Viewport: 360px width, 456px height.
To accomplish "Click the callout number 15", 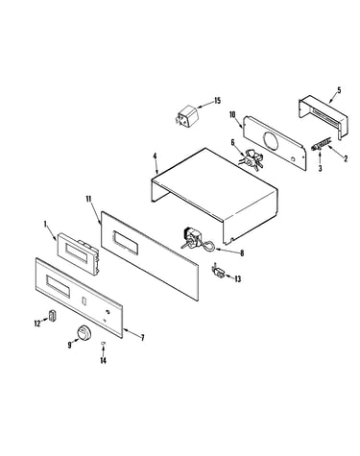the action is point(217,101).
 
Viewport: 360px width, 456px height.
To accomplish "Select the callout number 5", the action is point(339,90).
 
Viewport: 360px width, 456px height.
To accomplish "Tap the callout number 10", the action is point(232,114).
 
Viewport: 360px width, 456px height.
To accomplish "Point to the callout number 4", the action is point(155,156).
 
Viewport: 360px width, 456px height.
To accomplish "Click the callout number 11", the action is point(89,199).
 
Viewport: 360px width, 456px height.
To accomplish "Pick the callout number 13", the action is point(237,279).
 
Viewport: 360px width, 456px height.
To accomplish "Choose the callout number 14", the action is point(103,361).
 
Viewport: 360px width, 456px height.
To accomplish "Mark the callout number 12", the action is point(37,324).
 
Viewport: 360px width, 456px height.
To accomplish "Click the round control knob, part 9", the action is point(84,333).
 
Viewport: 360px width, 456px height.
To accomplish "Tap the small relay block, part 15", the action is point(186,115).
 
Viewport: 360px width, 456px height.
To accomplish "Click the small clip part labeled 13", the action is point(219,272).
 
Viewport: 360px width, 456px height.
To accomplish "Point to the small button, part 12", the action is point(52,315).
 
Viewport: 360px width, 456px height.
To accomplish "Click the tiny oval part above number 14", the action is point(103,343).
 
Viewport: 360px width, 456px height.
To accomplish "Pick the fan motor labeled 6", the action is point(252,159).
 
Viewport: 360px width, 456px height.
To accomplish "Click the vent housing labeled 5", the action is point(324,117).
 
